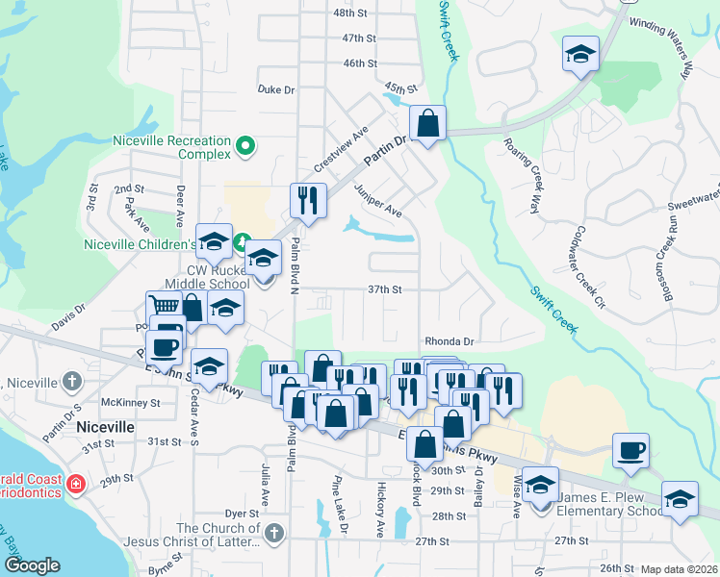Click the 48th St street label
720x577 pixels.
click(350, 13)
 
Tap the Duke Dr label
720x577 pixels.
click(275, 89)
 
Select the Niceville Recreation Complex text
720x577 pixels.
click(172, 147)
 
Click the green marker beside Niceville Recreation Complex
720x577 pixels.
click(245, 147)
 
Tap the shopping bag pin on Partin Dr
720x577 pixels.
click(427, 124)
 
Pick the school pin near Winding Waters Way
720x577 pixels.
click(580, 55)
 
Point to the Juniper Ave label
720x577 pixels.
click(377, 201)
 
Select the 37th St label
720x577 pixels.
click(383, 288)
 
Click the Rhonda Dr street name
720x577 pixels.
click(450, 341)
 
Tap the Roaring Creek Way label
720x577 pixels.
click(523, 174)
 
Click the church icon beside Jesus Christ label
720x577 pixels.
click(274, 533)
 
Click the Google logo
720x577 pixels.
click(32, 565)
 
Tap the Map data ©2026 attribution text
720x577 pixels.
click(680, 569)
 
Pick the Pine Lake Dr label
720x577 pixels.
click(340, 517)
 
